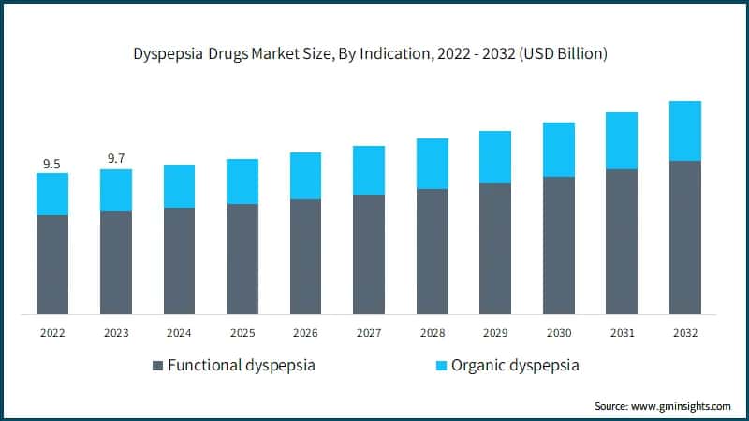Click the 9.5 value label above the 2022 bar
(51, 165)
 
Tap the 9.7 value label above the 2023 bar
(116, 159)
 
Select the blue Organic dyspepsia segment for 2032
(684, 131)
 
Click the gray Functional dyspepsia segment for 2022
(52, 265)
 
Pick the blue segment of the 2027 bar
(369, 170)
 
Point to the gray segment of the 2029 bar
(495, 249)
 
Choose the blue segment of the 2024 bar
(179, 186)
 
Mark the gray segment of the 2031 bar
(622, 241)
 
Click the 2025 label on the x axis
(242, 332)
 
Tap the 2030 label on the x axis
(558, 332)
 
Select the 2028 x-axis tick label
(432, 332)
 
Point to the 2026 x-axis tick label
(305, 332)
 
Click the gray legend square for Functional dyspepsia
(157, 366)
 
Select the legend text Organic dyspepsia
(515, 366)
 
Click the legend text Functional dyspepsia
(241, 366)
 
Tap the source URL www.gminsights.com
(680, 406)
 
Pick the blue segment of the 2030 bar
(558, 150)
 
